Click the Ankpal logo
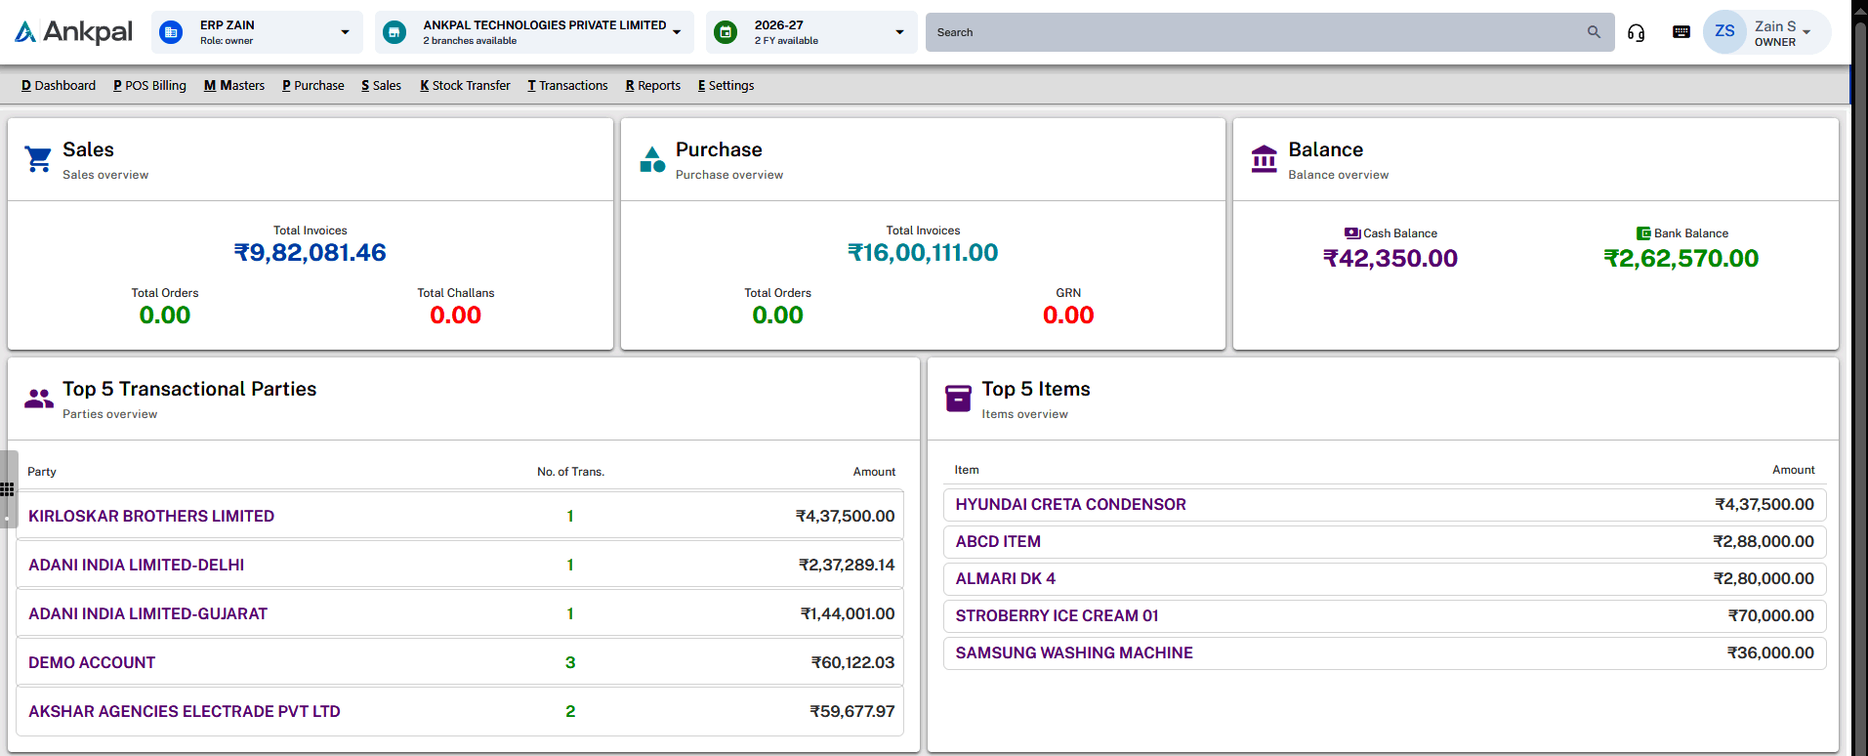pos(73,32)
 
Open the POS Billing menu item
pos(149,86)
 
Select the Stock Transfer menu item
pos(465,86)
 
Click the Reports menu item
pos(653,86)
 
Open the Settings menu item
pos(726,86)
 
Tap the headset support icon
pos(1636,33)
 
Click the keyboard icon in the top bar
pos(1681,32)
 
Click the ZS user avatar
pos(1724,31)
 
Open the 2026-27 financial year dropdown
pos(811,32)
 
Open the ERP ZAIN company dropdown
pos(257,32)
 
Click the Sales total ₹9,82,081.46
pos(311,253)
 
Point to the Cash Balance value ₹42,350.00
pos(1391,259)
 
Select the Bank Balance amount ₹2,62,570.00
pos(1681,259)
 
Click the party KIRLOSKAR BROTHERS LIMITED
pos(151,516)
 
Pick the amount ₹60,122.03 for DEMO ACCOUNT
pos(852,662)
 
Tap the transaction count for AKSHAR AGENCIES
pos(570,711)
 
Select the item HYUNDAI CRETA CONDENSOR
pos(1071,504)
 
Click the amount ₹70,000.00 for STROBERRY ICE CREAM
pos(1771,615)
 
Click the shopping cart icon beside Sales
pos(38,158)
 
